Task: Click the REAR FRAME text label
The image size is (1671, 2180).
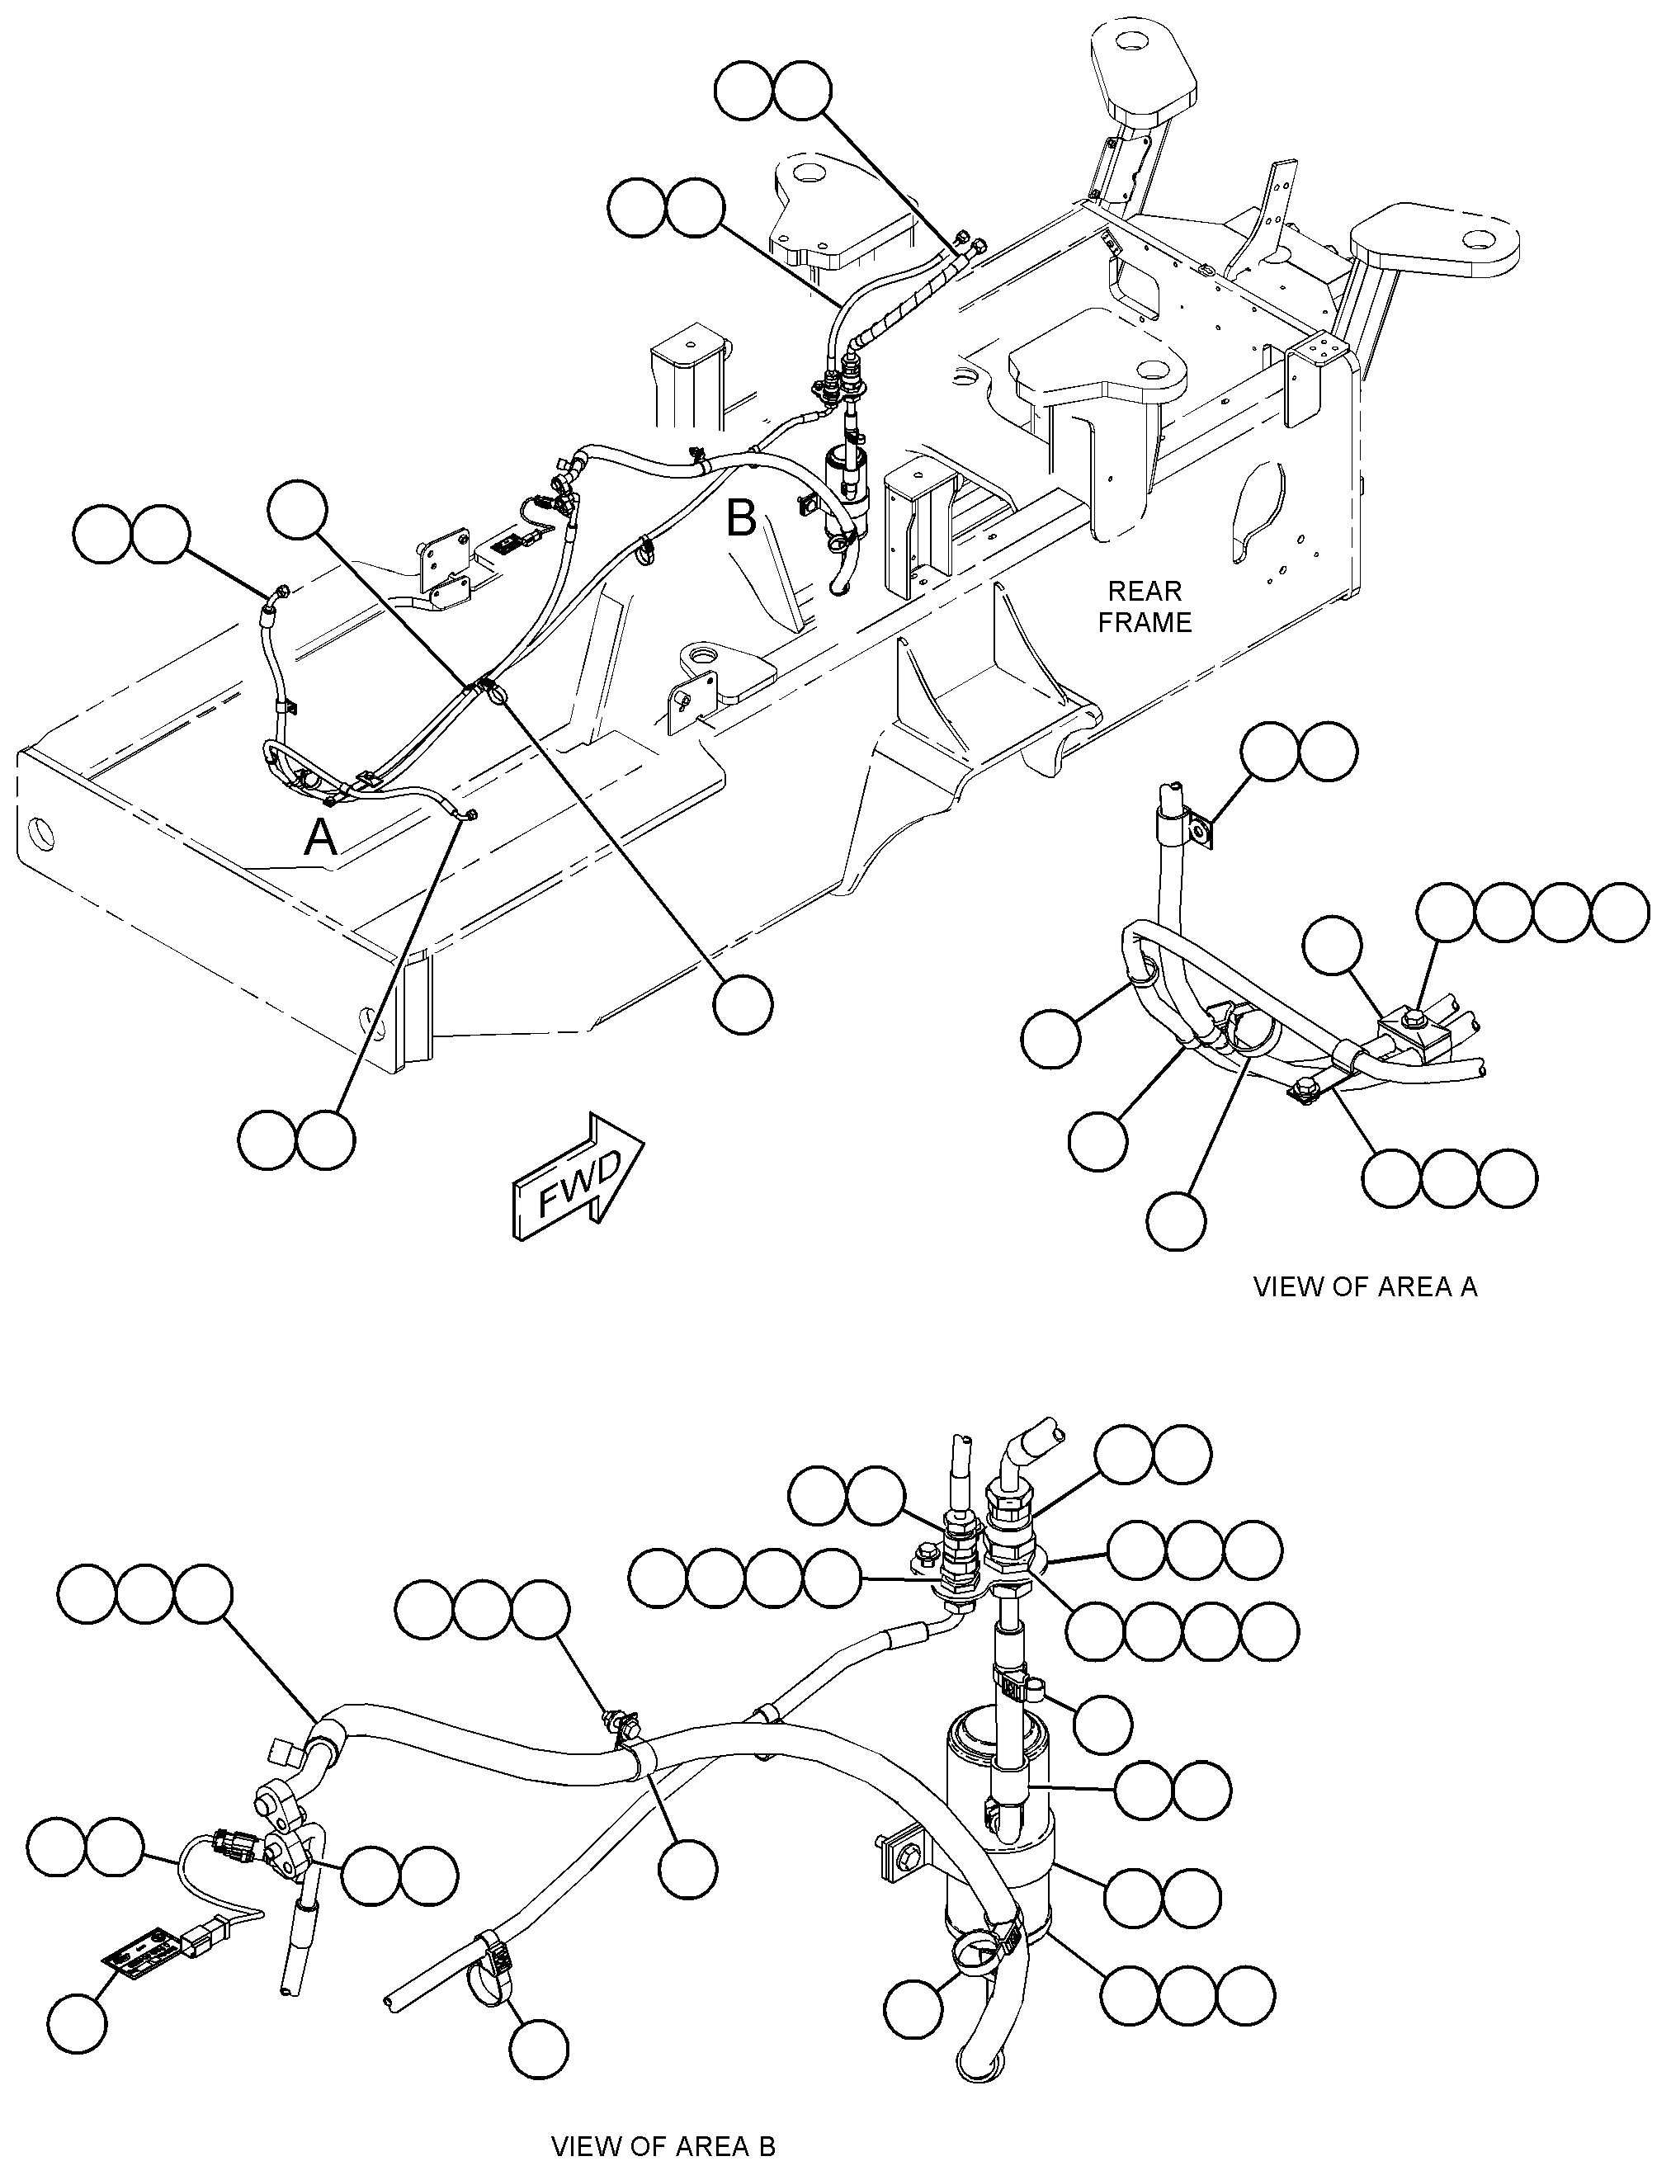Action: pos(1144,606)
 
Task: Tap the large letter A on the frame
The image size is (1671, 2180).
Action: pos(320,838)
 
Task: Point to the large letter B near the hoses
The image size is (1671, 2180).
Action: pos(742,518)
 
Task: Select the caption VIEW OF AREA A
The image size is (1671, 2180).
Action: pos(1365,1287)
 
